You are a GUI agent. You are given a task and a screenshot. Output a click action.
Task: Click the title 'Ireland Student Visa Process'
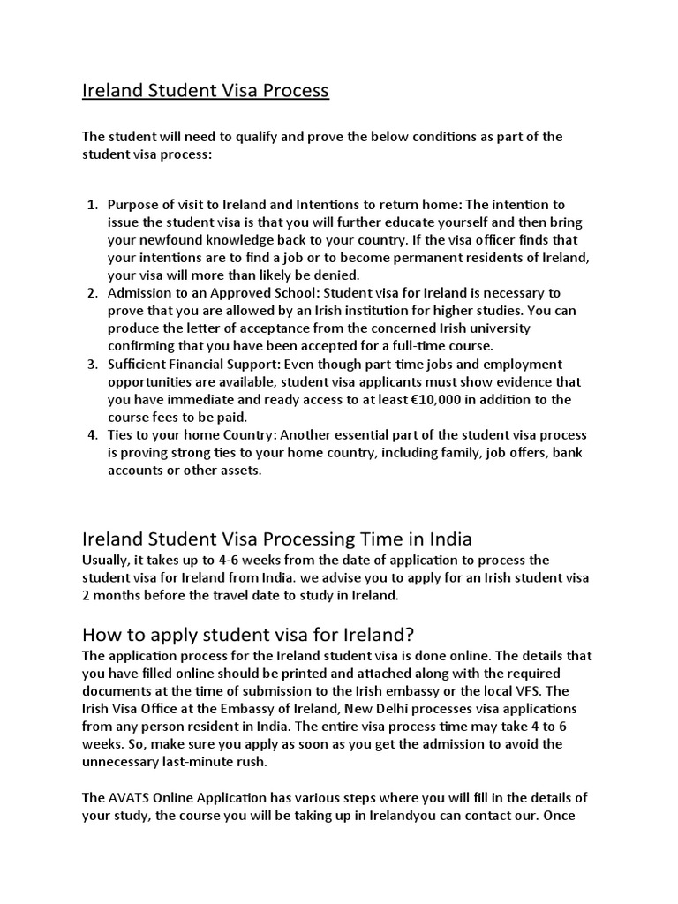click(x=205, y=91)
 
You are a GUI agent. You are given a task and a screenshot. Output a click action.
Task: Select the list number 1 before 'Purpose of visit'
click(x=92, y=205)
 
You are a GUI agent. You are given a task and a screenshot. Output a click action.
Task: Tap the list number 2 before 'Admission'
click(x=92, y=293)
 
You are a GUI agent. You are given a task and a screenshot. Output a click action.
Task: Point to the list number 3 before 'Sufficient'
click(x=92, y=365)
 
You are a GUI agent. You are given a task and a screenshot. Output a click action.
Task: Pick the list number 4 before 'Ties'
click(x=92, y=435)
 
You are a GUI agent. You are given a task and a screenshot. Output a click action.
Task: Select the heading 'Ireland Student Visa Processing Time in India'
click(x=277, y=539)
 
